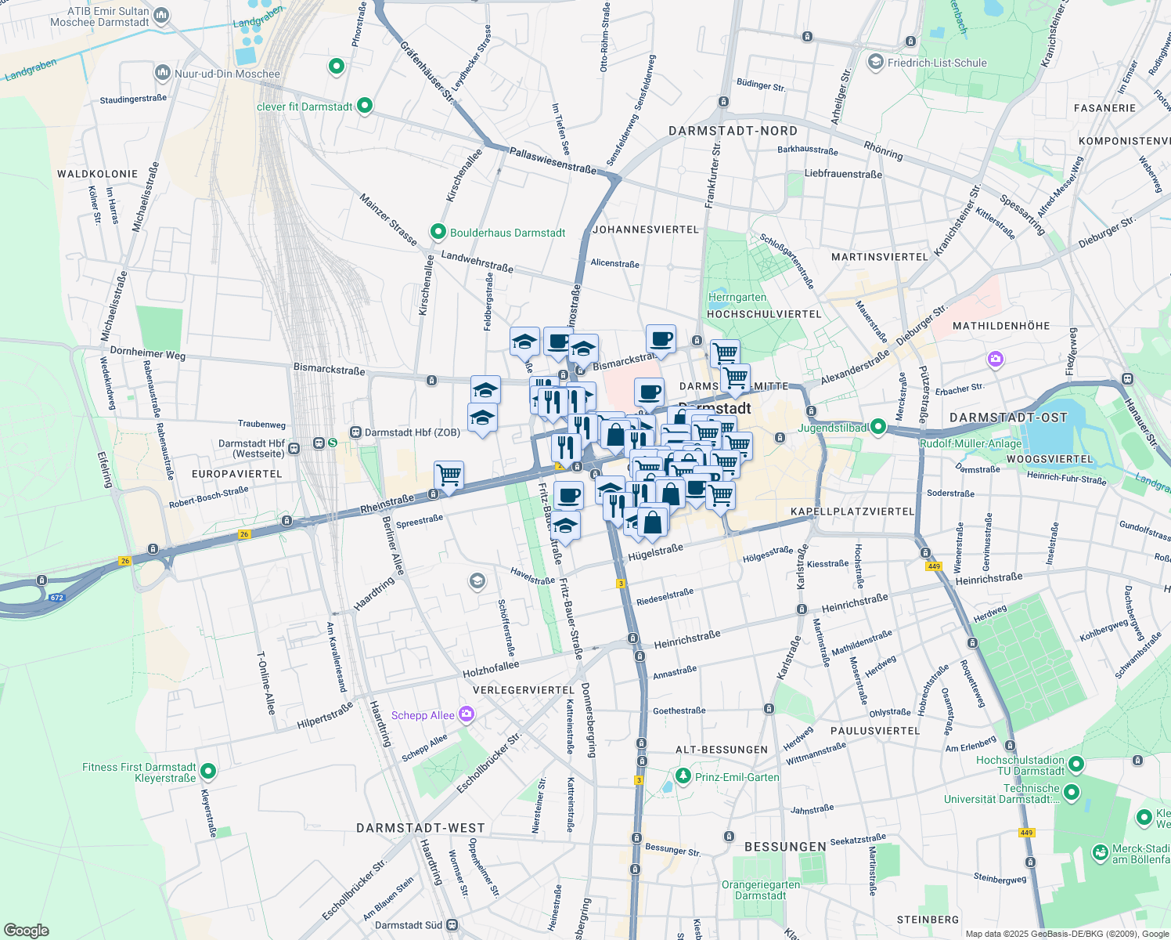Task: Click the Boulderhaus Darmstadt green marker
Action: [x=438, y=232]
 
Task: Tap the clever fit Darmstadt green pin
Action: [x=365, y=106]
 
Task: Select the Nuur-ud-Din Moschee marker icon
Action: [x=163, y=73]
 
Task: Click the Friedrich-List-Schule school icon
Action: [x=876, y=62]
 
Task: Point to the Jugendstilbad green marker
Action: [x=878, y=427]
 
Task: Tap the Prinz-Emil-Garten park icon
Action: [x=683, y=776]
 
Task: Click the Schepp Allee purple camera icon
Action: [x=467, y=714]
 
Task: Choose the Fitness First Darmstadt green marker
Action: [x=208, y=772]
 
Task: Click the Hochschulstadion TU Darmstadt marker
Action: [x=1076, y=764]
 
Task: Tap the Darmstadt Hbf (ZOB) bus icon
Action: [x=355, y=432]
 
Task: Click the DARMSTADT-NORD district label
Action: [x=733, y=131]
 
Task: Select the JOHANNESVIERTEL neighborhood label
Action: [x=646, y=230]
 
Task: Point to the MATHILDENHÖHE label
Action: [x=1001, y=325]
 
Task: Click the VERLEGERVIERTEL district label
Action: [x=524, y=689]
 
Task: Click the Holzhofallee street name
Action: [x=491, y=668]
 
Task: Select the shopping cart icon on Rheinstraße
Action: [x=449, y=475]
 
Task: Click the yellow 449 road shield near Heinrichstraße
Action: [x=932, y=566]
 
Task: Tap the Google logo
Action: [x=26, y=930]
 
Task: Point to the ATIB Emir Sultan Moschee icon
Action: [x=162, y=15]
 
